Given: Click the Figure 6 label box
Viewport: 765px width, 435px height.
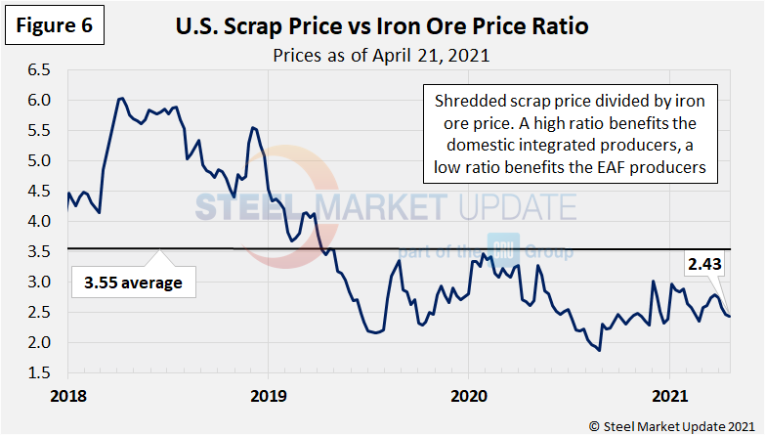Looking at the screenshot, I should click(x=53, y=26).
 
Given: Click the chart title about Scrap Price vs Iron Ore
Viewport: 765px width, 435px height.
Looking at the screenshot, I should click(x=381, y=25).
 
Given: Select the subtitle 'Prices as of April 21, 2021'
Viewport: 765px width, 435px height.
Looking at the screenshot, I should click(x=382, y=55).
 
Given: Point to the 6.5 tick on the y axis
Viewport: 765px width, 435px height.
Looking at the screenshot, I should click(x=40, y=70).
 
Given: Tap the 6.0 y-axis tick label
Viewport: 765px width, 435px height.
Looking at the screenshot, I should click(x=40, y=101).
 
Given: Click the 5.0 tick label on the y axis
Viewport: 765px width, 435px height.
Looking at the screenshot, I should click(x=40, y=161).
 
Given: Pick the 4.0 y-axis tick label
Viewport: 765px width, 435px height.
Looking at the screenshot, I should click(x=40, y=222).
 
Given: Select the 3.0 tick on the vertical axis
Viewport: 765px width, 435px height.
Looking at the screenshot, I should click(x=40, y=283).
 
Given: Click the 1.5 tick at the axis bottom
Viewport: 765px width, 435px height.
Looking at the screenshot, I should click(x=40, y=373).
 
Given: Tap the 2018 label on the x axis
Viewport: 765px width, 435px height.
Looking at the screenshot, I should click(x=68, y=397).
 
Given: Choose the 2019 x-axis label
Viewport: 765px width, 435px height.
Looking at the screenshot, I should click(x=268, y=397).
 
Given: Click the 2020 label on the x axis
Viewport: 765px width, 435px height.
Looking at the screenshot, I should click(x=467, y=397).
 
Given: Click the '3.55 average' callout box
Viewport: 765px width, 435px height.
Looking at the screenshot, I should click(x=133, y=284).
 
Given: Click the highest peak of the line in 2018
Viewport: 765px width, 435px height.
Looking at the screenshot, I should click(x=120, y=99).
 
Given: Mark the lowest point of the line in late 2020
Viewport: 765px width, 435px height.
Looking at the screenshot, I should click(x=599, y=350).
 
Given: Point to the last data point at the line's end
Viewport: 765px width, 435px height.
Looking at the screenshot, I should click(x=729, y=316).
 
